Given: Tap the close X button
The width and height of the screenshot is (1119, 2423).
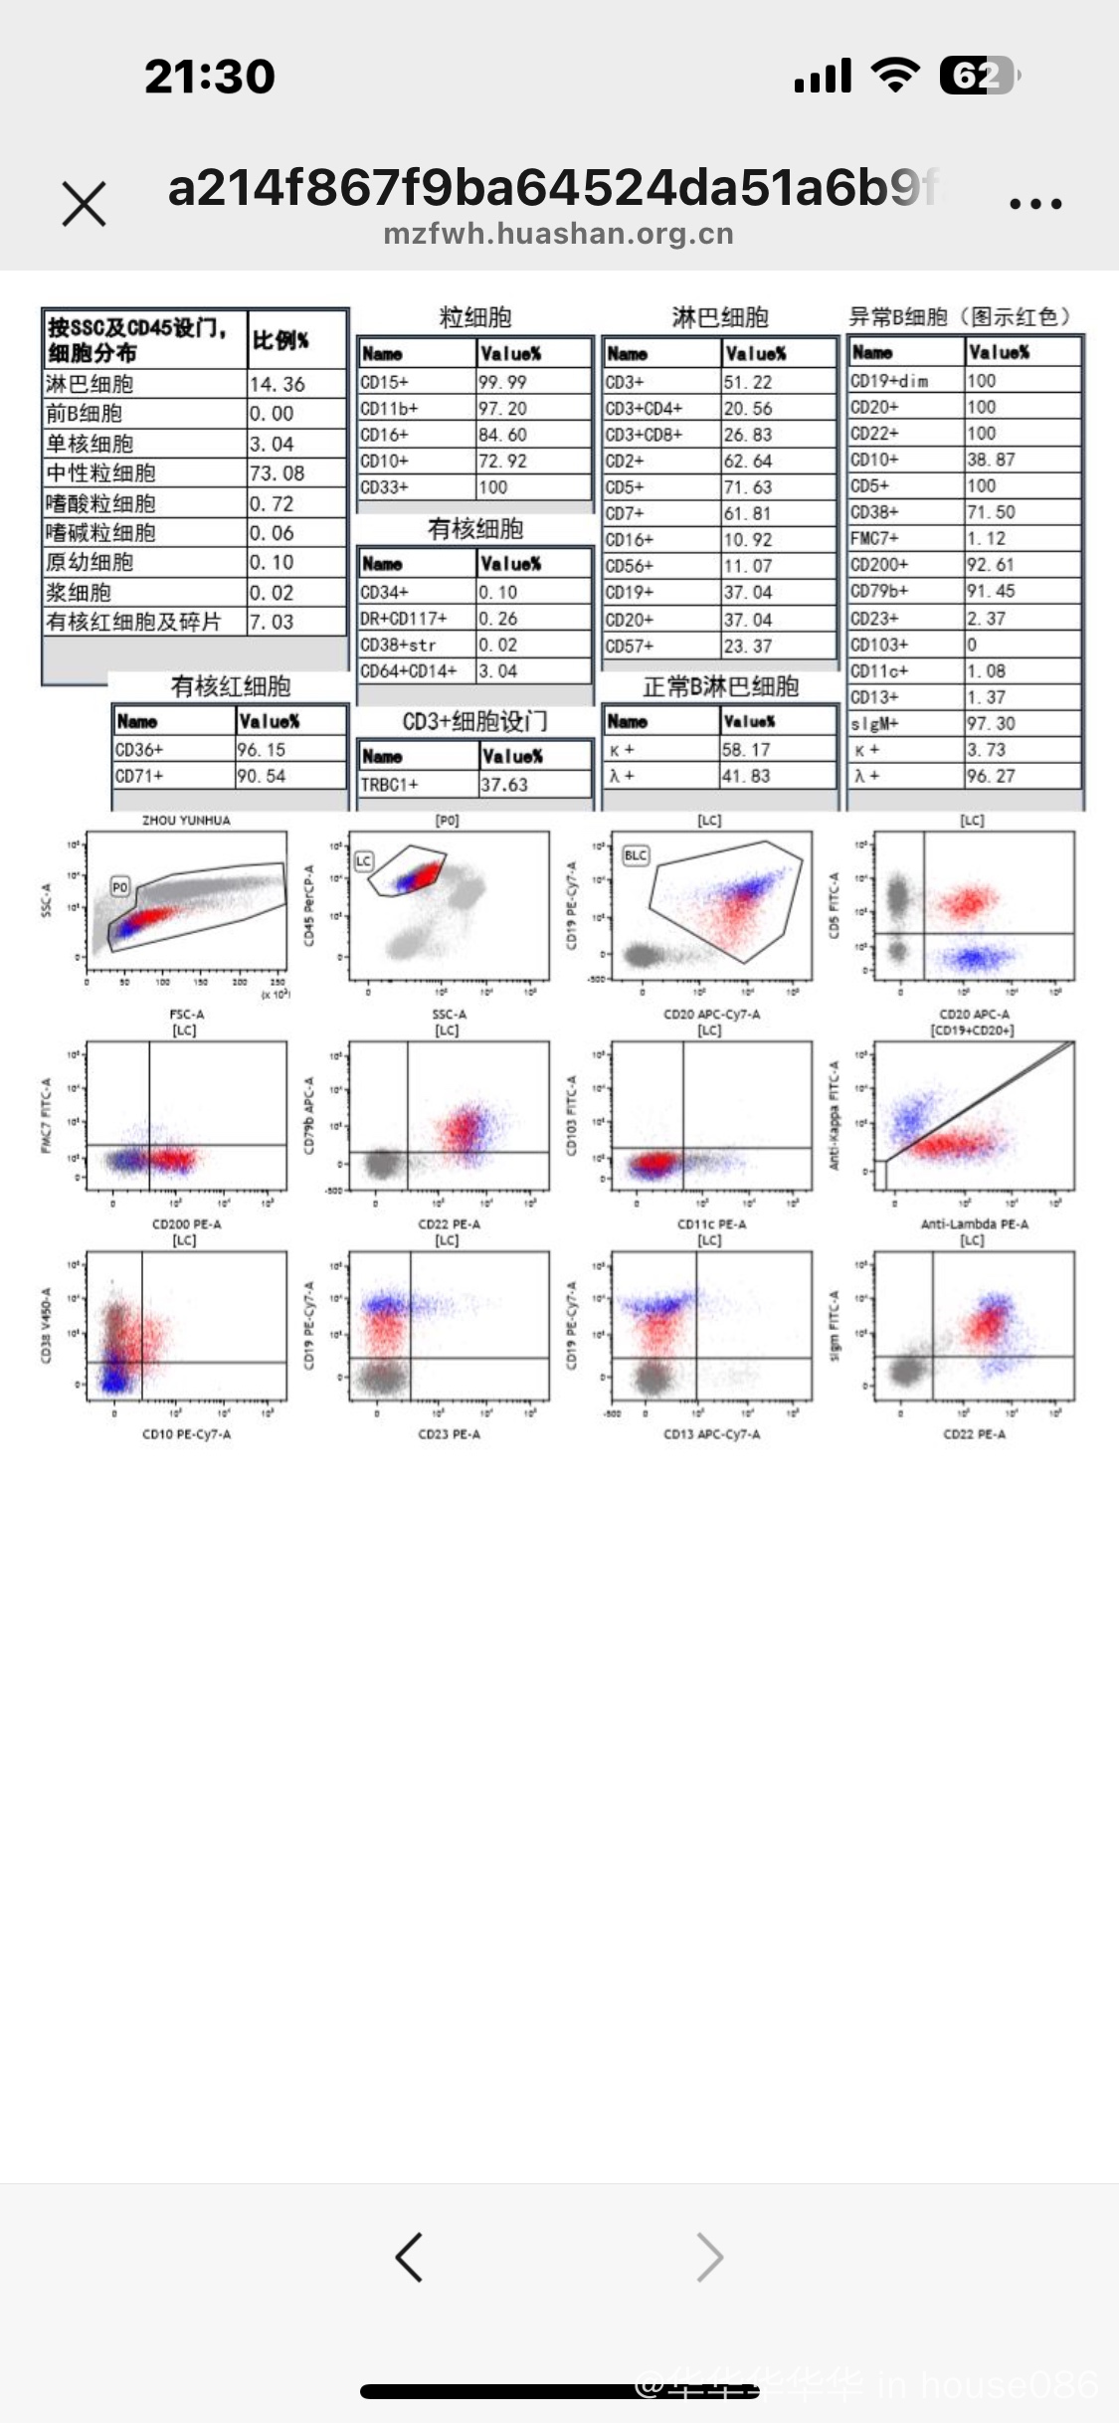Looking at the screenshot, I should pos(84,204).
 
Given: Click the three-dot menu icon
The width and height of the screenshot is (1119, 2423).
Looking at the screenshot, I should pos(1035,204).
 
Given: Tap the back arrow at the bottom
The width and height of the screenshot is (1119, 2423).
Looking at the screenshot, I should pos(409,2257).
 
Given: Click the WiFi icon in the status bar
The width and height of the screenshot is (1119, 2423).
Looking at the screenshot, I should pos(895,76).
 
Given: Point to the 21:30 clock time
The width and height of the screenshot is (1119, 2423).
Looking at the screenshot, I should pos(210,77).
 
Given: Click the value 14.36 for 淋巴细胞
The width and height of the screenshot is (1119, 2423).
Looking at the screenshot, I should pos(278,384).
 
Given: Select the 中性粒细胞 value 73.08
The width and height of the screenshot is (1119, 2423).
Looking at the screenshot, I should pos(278,472).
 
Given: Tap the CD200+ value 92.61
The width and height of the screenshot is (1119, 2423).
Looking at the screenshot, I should pos(987,564).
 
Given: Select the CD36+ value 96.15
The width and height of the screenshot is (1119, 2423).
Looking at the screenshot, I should pos(262,749).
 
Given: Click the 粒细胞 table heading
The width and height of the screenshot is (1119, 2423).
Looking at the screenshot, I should pos(475,317).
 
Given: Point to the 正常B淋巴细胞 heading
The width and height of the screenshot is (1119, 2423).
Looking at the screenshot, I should pos(720,686).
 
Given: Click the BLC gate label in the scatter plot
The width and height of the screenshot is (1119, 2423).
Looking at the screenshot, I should pos(635,855).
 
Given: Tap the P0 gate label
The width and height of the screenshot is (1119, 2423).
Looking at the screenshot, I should pos(120,886).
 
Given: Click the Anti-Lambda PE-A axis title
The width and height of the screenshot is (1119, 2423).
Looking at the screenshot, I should pos(974,1223).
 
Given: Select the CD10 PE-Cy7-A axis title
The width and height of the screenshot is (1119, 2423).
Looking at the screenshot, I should pos(186,1433).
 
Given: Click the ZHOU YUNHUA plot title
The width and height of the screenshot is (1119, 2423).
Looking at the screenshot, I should pos(186,821).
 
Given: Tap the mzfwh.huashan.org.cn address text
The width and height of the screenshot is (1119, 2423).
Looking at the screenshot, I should pos(558,234).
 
